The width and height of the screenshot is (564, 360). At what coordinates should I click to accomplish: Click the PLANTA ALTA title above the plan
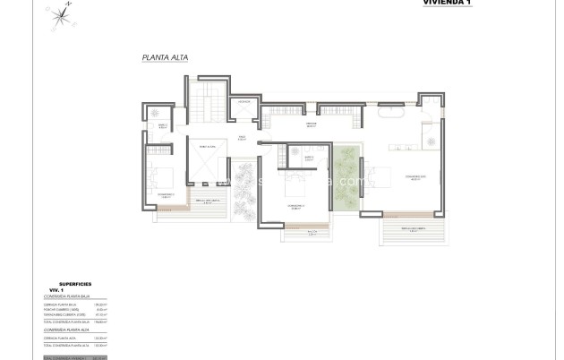[165, 58]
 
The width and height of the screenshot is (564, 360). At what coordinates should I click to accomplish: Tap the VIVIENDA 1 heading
[444, 3]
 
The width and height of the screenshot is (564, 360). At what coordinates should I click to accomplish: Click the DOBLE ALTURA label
[207, 146]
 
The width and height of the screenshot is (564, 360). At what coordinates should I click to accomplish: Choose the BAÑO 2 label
[163, 125]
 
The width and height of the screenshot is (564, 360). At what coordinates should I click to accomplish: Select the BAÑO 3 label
[308, 159]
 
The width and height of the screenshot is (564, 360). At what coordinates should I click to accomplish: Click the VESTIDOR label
[312, 124]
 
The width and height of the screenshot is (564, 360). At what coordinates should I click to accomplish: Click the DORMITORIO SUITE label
[414, 177]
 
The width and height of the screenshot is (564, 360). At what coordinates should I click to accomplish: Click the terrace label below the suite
[413, 229]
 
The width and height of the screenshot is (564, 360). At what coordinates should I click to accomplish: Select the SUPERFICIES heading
[76, 281]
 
